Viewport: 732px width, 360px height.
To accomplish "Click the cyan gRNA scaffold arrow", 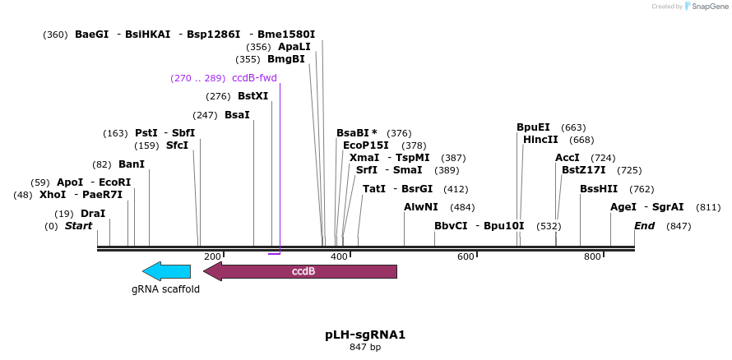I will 166,271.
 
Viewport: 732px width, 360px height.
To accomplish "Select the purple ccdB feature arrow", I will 300,271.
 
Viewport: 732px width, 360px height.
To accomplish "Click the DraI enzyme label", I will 93,213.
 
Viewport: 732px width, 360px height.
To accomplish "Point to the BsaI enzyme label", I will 237,114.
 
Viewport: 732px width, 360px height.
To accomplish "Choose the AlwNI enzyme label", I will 421,207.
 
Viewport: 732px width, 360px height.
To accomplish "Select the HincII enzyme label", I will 540,139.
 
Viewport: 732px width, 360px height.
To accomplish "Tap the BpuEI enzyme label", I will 533,127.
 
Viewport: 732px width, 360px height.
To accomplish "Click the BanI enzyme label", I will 132,164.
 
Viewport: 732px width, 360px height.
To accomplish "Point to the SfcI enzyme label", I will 177,145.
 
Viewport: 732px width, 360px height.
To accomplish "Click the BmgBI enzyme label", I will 286,59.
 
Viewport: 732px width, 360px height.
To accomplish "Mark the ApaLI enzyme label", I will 294,47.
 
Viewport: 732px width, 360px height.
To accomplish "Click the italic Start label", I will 78,225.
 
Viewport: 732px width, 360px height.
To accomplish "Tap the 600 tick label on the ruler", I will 466,257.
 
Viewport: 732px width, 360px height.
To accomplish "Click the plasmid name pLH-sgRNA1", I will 365,335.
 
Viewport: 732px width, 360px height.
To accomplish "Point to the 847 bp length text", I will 365,348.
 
